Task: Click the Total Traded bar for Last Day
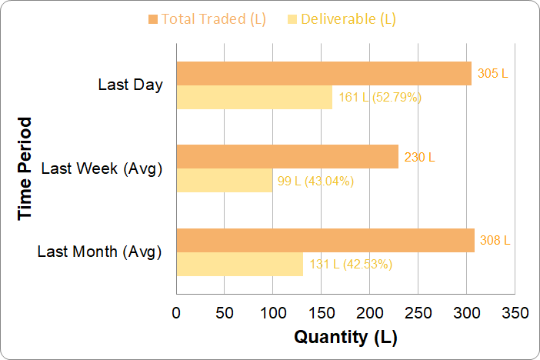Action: point(324,74)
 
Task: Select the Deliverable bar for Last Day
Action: point(255,98)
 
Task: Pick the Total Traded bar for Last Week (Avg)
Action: point(288,157)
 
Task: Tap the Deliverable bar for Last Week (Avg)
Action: point(225,181)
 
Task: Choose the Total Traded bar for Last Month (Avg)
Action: point(325,240)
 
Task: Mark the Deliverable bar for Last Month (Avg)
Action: point(240,264)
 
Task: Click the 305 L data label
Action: point(493,74)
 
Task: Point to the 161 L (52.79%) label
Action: point(380,98)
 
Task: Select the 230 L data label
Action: point(420,157)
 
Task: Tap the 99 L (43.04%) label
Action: point(315,182)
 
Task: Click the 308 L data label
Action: point(495,240)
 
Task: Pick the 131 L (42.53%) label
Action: point(351,265)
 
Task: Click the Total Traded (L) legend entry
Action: point(207,19)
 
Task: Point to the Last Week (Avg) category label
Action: point(102,168)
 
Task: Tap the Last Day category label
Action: point(131,85)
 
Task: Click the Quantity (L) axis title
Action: point(345,337)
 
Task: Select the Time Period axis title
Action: point(26,168)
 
